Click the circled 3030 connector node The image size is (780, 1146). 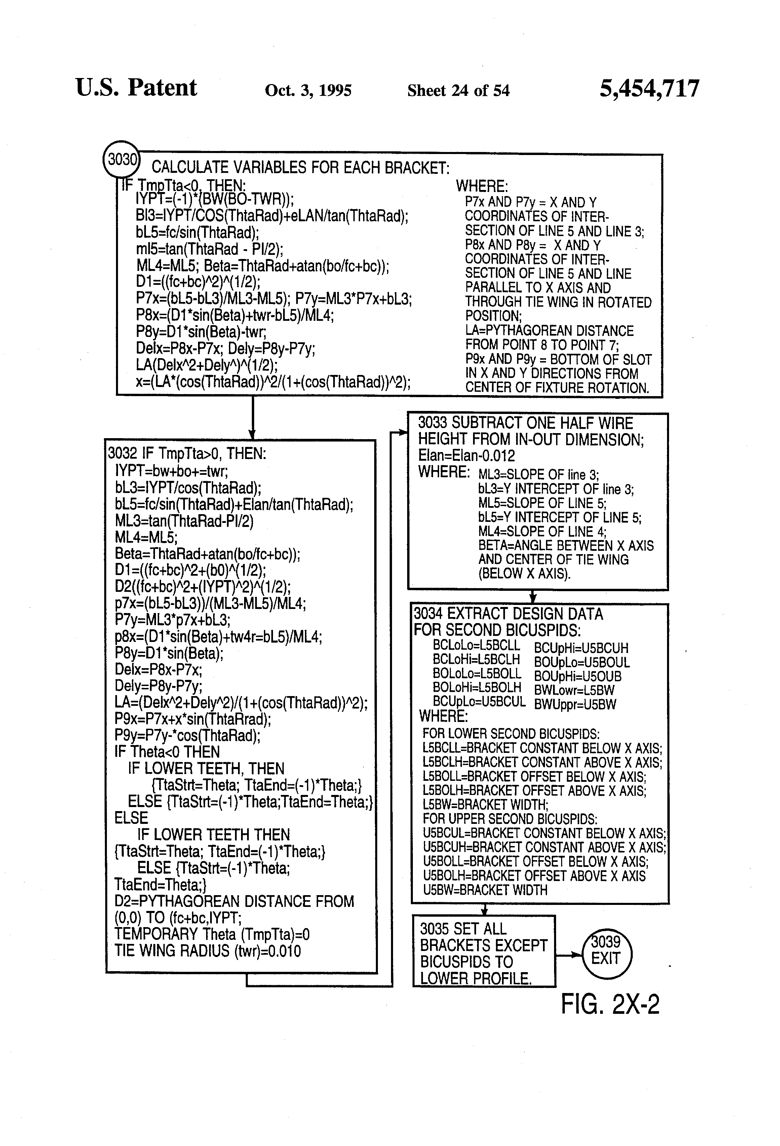coord(121,159)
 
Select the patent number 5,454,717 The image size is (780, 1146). coord(649,89)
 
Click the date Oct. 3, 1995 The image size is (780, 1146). coord(308,90)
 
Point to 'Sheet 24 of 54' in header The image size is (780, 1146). coord(458,90)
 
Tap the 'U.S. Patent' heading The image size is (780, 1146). coord(136,88)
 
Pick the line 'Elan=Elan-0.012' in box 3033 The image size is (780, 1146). coord(466,455)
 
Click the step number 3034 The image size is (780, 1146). coord(428,614)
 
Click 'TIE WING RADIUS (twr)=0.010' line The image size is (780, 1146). coord(207,950)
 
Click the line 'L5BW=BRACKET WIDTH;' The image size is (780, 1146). coord(485,805)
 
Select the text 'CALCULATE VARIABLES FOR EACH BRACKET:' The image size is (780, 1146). coord(300,168)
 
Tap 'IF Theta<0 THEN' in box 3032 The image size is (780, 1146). coord(167,752)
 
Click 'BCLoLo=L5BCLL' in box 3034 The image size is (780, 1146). coord(476,645)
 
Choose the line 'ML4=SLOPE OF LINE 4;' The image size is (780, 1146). coord(542,532)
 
